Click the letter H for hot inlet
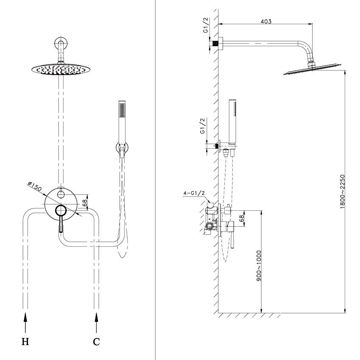click(x=25, y=342)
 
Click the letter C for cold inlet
click(x=96, y=342)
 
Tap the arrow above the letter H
click(x=25, y=322)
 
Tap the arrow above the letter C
click(x=96, y=322)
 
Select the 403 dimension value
click(x=266, y=21)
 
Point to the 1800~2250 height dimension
click(x=342, y=192)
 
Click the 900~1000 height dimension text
click(x=259, y=266)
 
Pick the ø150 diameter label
click(x=35, y=186)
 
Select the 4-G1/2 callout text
click(x=194, y=193)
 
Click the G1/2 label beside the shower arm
click(x=206, y=25)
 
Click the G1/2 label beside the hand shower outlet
click(x=203, y=126)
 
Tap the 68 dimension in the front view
click(x=84, y=202)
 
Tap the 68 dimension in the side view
click(x=241, y=218)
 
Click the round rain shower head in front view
click(x=61, y=70)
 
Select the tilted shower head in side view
click(x=312, y=69)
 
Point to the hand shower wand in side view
click(x=233, y=122)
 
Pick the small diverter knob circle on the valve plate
click(x=61, y=195)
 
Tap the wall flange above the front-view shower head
click(x=61, y=43)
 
